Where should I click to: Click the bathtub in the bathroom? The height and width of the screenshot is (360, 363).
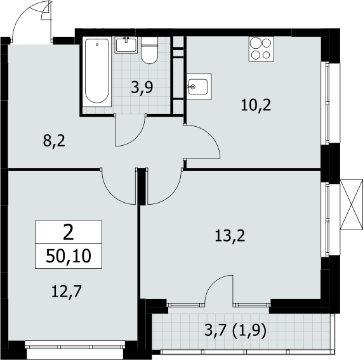click(96, 72)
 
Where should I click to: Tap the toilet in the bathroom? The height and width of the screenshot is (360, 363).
click(149, 50)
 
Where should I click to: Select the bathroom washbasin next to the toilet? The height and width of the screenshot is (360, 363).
click(126, 45)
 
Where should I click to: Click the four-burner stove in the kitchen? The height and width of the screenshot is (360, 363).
click(261, 49)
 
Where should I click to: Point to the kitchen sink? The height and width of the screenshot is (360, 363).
click(199, 86)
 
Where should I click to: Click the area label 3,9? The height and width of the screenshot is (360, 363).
click(142, 88)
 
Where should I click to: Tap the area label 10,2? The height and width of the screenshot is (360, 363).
click(256, 105)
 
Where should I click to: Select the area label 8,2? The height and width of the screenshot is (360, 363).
click(54, 141)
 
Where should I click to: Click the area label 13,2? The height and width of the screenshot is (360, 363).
click(230, 236)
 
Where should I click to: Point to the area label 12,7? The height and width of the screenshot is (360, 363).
click(67, 292)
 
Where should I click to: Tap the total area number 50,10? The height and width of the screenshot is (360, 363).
click(69, 256)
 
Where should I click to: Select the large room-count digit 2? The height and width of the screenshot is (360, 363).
click(69, 233)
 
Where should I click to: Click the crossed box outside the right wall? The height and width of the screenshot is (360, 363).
click(351, 204)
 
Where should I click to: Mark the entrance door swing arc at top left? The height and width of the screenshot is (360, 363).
click(22, 17)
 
